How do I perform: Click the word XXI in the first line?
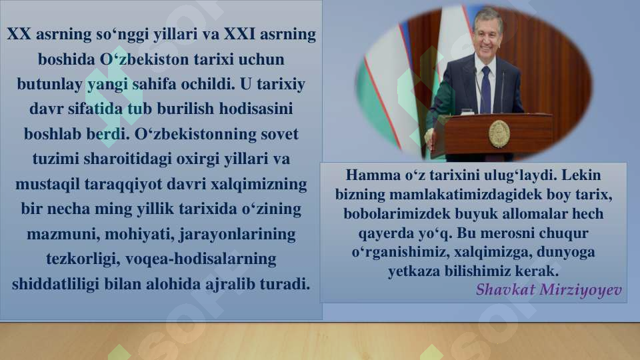[248, 35]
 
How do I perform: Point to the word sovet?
[278, 133]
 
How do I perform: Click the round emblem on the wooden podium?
[499, 133]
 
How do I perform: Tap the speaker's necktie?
[485, 88]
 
